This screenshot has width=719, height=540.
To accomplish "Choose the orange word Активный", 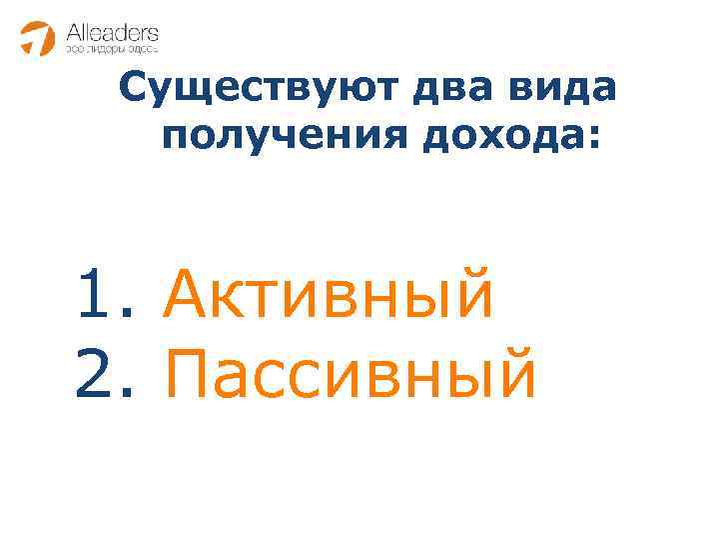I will pos(329,296).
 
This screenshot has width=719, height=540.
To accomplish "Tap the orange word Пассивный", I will pos(351,373).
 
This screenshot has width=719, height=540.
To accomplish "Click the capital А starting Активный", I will pos(186,296).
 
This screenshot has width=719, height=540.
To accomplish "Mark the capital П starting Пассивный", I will pos(186,373).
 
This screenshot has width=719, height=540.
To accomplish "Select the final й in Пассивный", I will pos(515,371).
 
